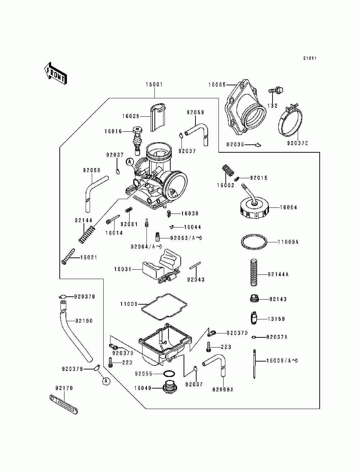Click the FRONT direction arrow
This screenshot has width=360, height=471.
point(55,73)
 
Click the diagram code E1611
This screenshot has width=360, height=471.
point(310,58)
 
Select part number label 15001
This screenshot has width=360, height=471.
point(154,85)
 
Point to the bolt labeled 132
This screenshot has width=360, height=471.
point(276,90)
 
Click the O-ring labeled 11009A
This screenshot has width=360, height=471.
point(254,242)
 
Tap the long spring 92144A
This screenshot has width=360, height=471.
point(254,273)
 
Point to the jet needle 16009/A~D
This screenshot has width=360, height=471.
point(254,364)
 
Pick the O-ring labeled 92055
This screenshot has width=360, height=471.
point(169,374)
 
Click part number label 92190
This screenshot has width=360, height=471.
point(84,321)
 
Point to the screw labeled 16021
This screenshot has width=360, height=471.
point(68,256)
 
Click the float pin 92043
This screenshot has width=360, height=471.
point(195,265)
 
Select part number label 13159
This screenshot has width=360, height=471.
point(276,319)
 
